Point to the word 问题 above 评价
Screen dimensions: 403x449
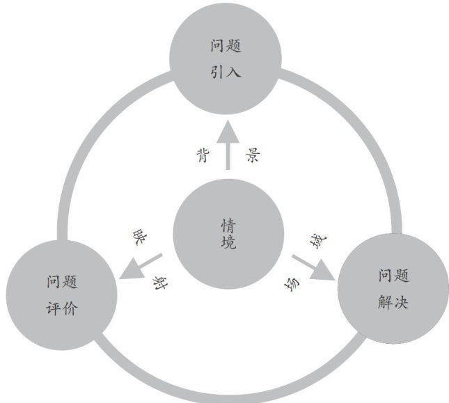(x=62, y=283)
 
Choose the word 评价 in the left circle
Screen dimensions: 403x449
(x=62, y=307)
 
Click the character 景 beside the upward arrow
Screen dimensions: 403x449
(x=252, y=156)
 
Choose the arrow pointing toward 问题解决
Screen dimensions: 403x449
(x=312, y=268)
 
